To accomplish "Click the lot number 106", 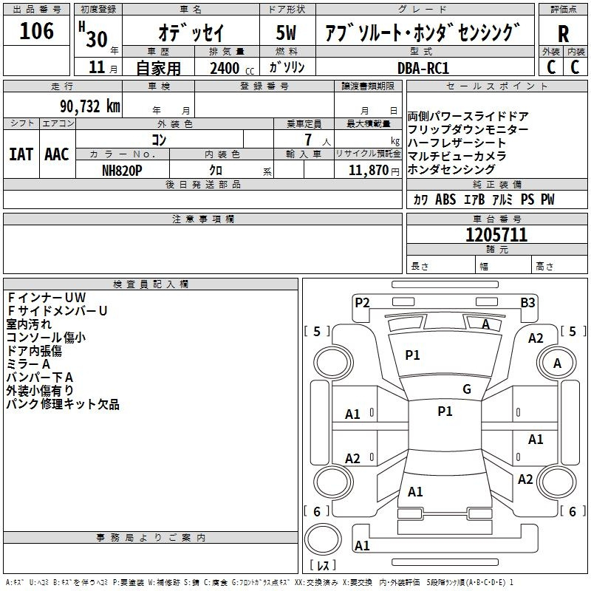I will pyautogui.click(x=37, y=32).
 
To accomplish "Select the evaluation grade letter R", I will pyautogui.click(x=563, y=34).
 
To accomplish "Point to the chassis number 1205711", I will pyautogui.click(x=496, y=235).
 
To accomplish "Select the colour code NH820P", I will pyautogui.click(x=122, y=170).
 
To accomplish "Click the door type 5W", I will pyautogui.click(x=286, y=33).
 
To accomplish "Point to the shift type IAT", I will pyautogui.click(x=21, y=154).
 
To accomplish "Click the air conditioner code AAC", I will pyautogui.click(x=57, y=154).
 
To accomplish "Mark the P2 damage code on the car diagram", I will pyautogui.click(x=362, y=301).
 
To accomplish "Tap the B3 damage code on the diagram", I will pyautogui.click(x=527, y=301).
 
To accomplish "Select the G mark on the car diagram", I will pyautogui.click(x=467, y=389).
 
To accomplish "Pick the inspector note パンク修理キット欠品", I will pyautogui.click(x=63, y=405).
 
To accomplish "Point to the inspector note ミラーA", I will pyautogui.click(x=28, y=364).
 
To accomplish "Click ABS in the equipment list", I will pyautogui.click(x=445, y=199).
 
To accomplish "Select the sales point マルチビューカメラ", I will pyautogui.click(x=457, y=157).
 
